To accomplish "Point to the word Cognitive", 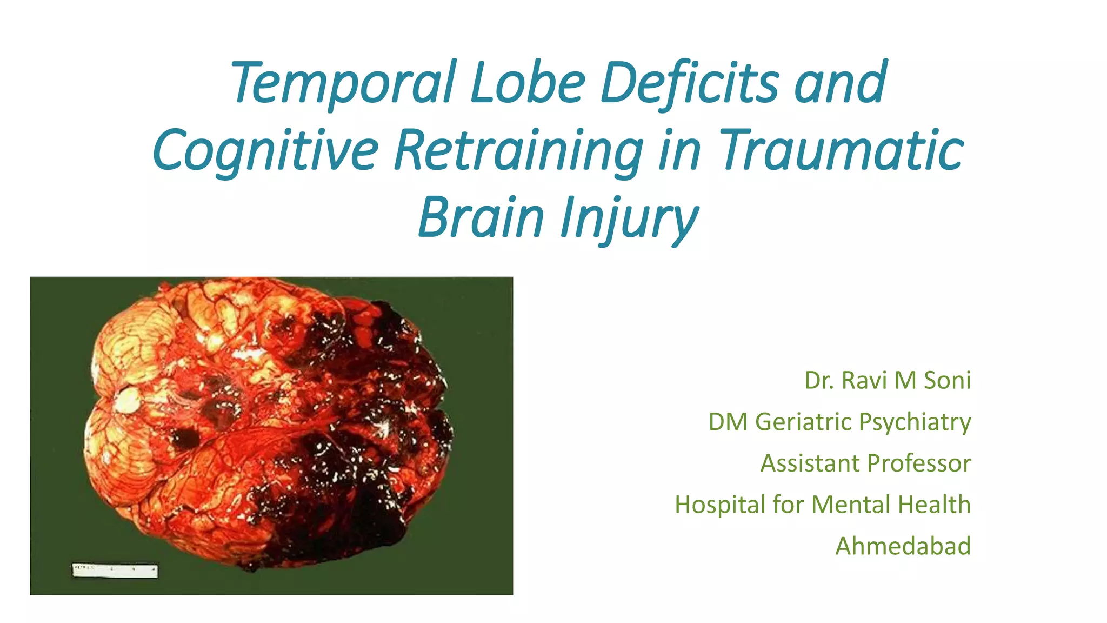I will [x=265, y=150].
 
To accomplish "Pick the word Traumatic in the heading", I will [x=841, y=150].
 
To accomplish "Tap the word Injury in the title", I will [x=629, y=217].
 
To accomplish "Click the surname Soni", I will [x=947, y=380].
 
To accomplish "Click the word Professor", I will [x=919, y=463].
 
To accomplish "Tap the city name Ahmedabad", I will [x=903, y=546].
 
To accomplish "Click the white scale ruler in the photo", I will [x=115, y=571].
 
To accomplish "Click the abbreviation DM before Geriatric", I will [x=728, y=422].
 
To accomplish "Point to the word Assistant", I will [x=810, y=463].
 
